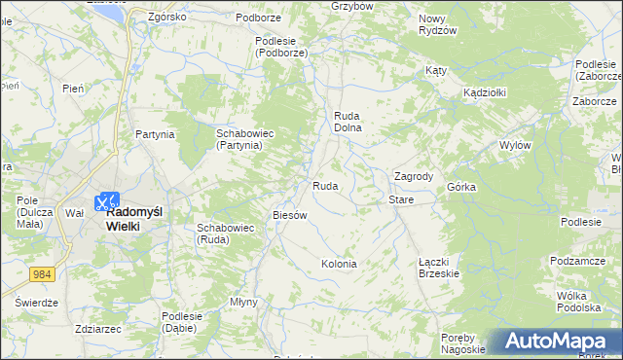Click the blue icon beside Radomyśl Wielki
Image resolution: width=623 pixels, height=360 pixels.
click(104, 202)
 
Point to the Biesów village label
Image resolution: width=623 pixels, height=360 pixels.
click(290, 215)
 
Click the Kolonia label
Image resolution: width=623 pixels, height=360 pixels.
click(339, 264)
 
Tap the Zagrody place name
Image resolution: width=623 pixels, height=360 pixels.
click(413, 176)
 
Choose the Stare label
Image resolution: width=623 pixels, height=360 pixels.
click(401, 199)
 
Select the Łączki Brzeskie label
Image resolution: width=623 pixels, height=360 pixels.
click(439, 268)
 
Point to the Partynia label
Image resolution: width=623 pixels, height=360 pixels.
click(155, 134)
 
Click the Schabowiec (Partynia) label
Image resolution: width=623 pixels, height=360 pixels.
click(239, 138)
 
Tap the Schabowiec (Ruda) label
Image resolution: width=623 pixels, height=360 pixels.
click(225, 234)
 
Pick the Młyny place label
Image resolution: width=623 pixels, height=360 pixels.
click(243, 302)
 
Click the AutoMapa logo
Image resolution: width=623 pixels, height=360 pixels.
click(555, 342)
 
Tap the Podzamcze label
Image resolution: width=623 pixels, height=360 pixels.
click(578, 260)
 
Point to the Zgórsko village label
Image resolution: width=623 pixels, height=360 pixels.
click(166, 18)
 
